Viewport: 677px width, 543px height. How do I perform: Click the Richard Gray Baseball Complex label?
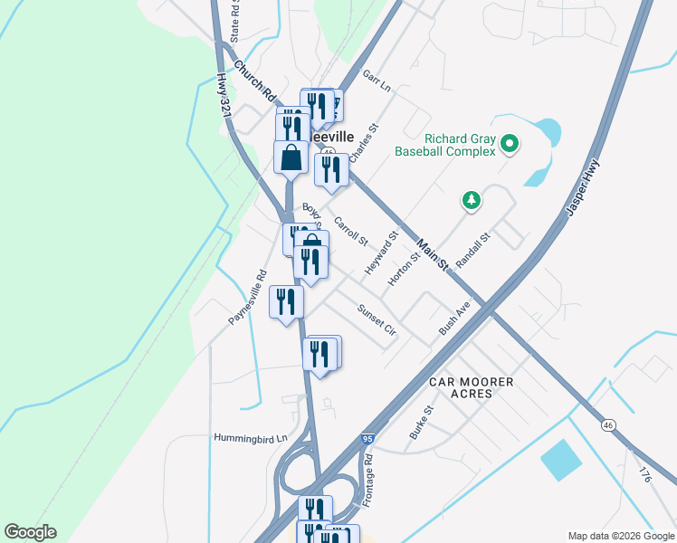(x=445, y=145)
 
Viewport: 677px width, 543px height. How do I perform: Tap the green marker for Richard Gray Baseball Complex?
(x=510, y=143)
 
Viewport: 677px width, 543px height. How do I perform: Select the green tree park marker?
(x=471, y=200)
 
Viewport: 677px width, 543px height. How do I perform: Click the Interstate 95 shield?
(x=367, y=439)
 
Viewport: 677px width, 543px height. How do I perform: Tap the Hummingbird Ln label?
(x=250, y=438)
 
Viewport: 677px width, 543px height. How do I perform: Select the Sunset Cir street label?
(x=377, y=319)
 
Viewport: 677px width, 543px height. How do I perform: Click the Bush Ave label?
(x=454, y=319)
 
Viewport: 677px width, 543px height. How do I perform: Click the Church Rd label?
(x=254, y=80)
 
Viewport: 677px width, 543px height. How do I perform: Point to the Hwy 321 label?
(x=224, y=93)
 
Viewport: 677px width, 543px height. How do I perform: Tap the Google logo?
(x=30, y=532)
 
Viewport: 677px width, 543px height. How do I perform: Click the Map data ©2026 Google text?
(x=620, y=536)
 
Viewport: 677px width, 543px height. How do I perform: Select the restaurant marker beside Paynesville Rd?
(x=286, y=301)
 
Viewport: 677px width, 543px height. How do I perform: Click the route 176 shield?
(x=644, y=473)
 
